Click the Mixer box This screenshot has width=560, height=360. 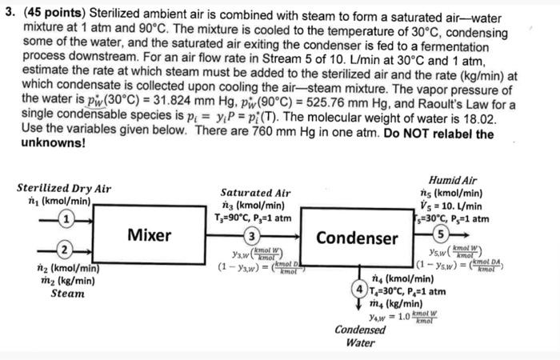[x=150, y=235]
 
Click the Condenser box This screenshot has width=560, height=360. [x=357, y=238]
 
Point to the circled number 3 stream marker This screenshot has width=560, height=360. [x=250, y=237]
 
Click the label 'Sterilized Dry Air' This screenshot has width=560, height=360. [x=64, y=188]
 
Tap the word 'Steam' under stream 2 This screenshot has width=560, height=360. [x=67, y=294]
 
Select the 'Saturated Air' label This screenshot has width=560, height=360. [x=256, y=193]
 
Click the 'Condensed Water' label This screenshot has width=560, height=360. [x=361, y=336]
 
